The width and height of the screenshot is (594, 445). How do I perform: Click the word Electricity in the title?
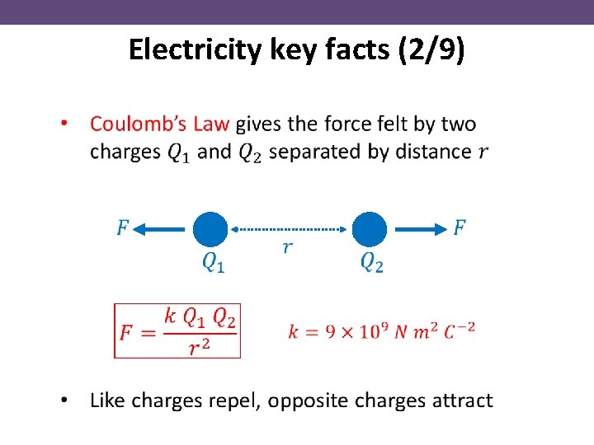coord(196,51)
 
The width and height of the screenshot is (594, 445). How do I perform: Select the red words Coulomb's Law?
coord(161,124)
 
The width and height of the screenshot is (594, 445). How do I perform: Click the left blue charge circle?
coord(210,230)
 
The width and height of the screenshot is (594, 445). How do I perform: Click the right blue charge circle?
coord(370,230)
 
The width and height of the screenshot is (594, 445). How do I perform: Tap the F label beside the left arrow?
coord(122,227)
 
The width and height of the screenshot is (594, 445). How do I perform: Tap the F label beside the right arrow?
coord(460,227)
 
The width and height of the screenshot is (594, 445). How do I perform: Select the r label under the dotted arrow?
coord(286,248)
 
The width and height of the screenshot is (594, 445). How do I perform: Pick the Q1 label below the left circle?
coord(213,263)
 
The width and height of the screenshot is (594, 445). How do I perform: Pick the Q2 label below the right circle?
coord(372,263)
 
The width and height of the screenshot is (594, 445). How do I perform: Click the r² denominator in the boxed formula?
coord(198,348)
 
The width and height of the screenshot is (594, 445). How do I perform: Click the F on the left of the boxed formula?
coord(127,333)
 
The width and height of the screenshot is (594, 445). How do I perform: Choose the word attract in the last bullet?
coord(459,401)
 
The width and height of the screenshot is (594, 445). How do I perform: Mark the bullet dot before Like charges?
coord(64,401)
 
